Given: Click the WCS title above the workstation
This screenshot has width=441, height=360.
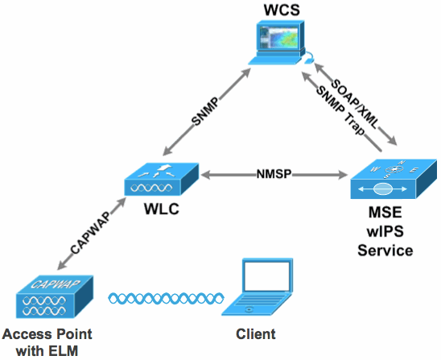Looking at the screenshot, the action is coord(282,10).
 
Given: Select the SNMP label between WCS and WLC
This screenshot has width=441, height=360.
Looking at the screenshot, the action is coord(204,111).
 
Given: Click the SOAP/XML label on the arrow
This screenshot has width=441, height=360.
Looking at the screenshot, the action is coord(353,105).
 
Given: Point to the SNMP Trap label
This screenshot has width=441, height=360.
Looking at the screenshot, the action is coord(340,111).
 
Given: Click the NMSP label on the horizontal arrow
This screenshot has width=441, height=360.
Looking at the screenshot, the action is coord(274,174).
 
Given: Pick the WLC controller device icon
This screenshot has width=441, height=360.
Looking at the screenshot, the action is coord(162,179).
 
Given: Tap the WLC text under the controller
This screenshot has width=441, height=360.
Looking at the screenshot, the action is coord(162,209).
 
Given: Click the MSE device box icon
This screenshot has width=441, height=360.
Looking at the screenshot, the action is coord(394,179).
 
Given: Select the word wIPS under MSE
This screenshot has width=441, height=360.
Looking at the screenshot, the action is coord(385,232).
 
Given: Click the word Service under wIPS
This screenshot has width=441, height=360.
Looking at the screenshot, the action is coord(385,250).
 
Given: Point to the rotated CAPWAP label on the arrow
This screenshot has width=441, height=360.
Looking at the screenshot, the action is coord(89,233).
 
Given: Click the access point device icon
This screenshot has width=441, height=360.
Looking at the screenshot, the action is coord(55,296).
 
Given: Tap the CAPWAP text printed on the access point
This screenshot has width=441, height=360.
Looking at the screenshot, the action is coord(56,284).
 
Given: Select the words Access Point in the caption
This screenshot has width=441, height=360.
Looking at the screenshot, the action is coord(47,334).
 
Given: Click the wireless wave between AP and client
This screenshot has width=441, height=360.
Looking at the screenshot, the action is coord(167,298).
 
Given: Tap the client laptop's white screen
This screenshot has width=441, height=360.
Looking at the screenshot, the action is coord(266,276).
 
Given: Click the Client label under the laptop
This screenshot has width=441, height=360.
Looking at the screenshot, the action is coord(256,334).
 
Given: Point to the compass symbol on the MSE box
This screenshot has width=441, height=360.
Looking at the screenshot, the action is coord(394,169).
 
